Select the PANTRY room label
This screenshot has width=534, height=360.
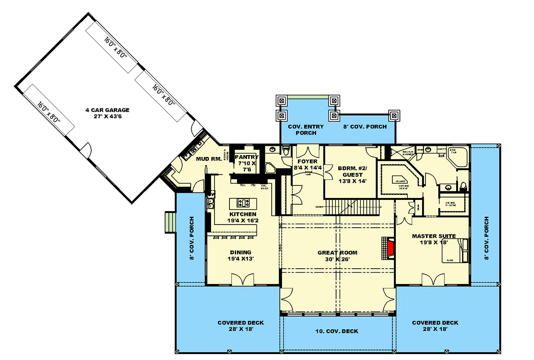click(x=246, y=157)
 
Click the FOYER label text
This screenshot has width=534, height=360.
click(x=308, y=161)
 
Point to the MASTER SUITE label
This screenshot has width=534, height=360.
click(x=434, y=236)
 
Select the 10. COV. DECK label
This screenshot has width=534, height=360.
click(x=337, y=331)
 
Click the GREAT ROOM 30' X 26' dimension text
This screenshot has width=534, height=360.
click(x=337, y=259)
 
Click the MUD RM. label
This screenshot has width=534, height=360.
click(x=206, y=159)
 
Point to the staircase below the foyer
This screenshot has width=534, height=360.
click(x=353, y=208)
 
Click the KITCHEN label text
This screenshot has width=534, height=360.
click(x=242, y=214)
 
